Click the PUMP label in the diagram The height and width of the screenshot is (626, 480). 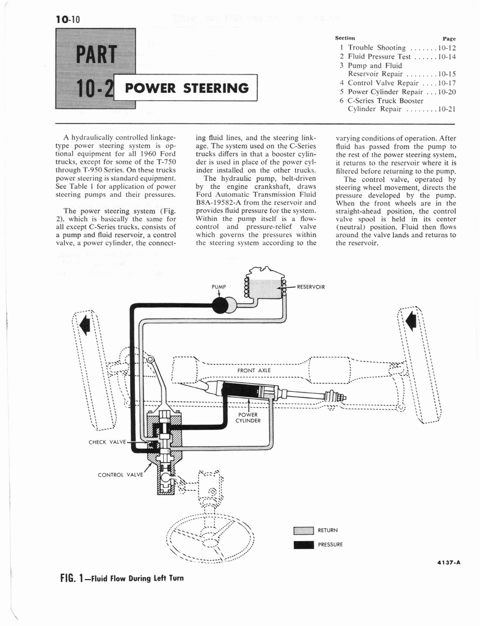click(219, 286)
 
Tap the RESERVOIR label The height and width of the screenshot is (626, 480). click(311, 286)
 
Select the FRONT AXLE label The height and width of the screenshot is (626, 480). click(253, 370)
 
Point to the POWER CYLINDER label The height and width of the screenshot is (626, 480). click(249, 417)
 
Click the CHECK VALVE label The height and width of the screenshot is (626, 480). click(107, 442)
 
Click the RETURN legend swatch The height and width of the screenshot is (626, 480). click(304, 530)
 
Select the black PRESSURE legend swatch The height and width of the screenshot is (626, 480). click(304, 544)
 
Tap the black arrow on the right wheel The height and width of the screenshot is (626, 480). click(412, 319)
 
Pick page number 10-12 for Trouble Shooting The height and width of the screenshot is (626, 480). click(447, 48)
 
